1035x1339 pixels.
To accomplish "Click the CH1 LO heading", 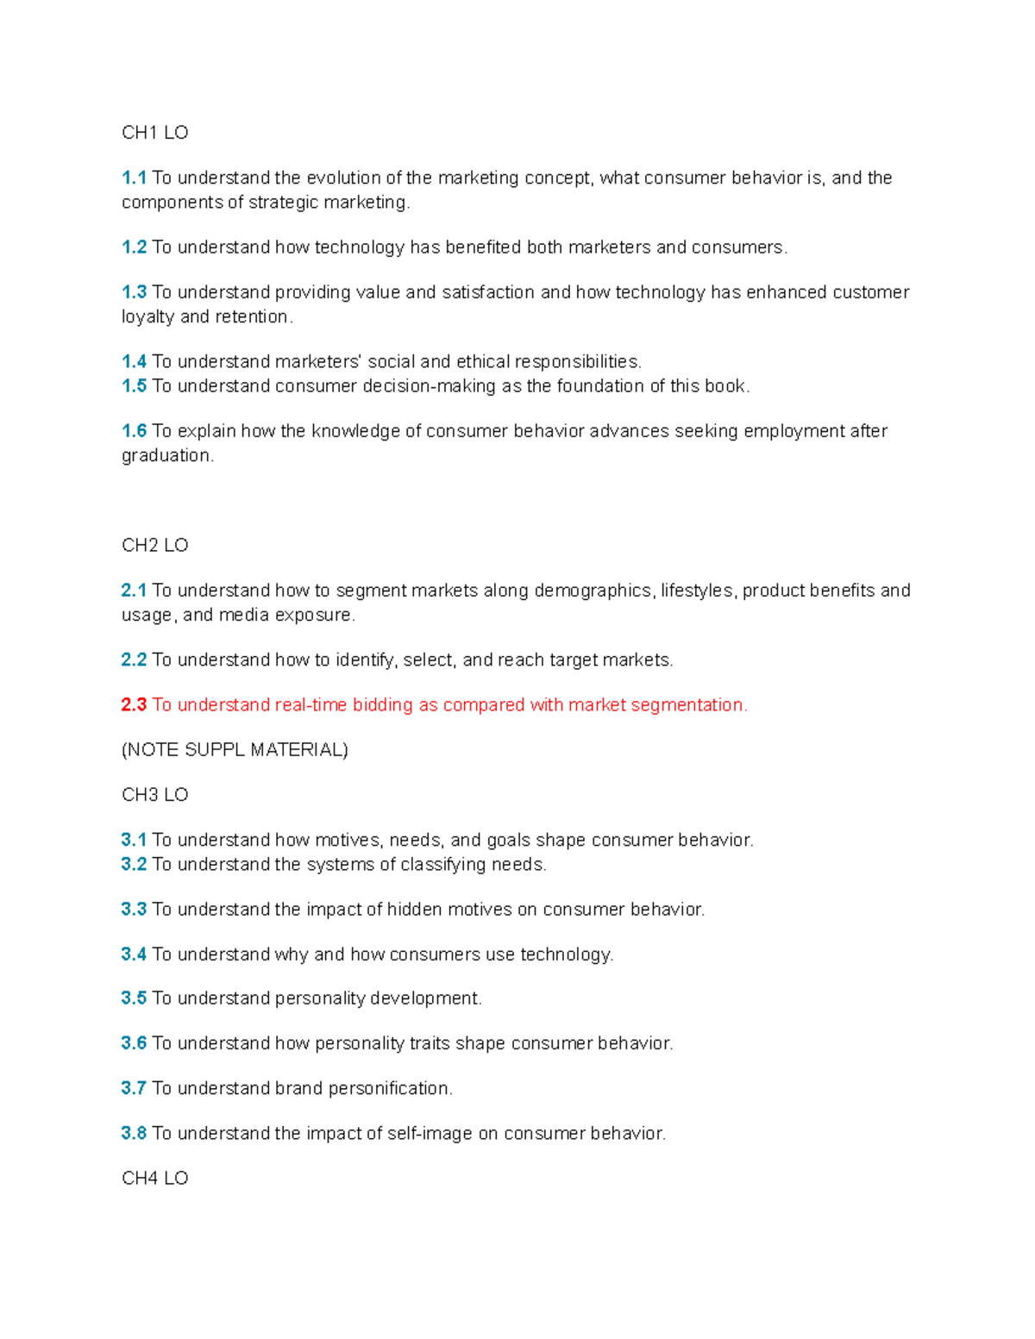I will coord(154,133).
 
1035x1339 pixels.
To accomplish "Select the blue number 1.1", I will coord(134,178).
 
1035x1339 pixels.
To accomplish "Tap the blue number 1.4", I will coord(134,362).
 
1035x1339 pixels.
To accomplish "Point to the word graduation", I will coord(166,456).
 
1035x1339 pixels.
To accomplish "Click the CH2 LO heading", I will coord(154,546).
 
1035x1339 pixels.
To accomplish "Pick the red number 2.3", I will coord(134,705).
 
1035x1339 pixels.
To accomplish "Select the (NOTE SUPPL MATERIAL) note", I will coord(235,750).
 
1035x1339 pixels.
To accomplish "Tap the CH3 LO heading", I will coord(154,795).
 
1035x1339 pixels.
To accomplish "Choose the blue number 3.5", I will coord(134,998).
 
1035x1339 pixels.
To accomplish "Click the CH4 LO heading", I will coord(154,1179).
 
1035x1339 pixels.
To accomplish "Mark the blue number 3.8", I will coord(134,1134).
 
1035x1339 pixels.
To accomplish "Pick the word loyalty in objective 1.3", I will coord(147,317).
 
